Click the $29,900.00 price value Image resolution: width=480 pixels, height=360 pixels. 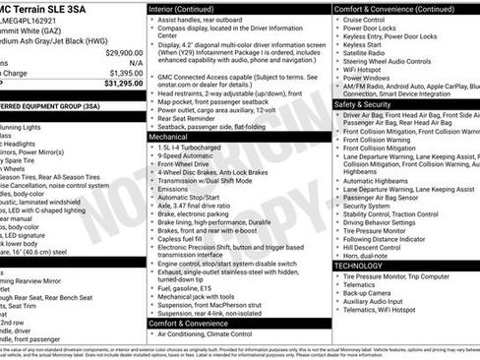pyautogui.click(x=124, y=52)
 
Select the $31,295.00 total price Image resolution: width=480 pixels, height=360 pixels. pyautogui.click(x=122, y=83)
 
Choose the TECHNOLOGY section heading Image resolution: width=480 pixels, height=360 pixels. pyautogui.click(x=358, y=266)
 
